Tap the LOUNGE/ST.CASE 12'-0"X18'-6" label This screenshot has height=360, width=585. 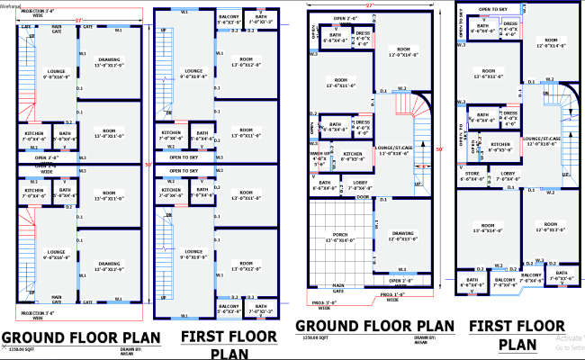point(392,151)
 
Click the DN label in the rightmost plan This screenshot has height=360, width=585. point(546,94)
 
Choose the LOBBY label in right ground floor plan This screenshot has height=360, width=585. point(360,184)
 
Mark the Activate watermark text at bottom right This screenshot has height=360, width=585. point(569,339)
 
